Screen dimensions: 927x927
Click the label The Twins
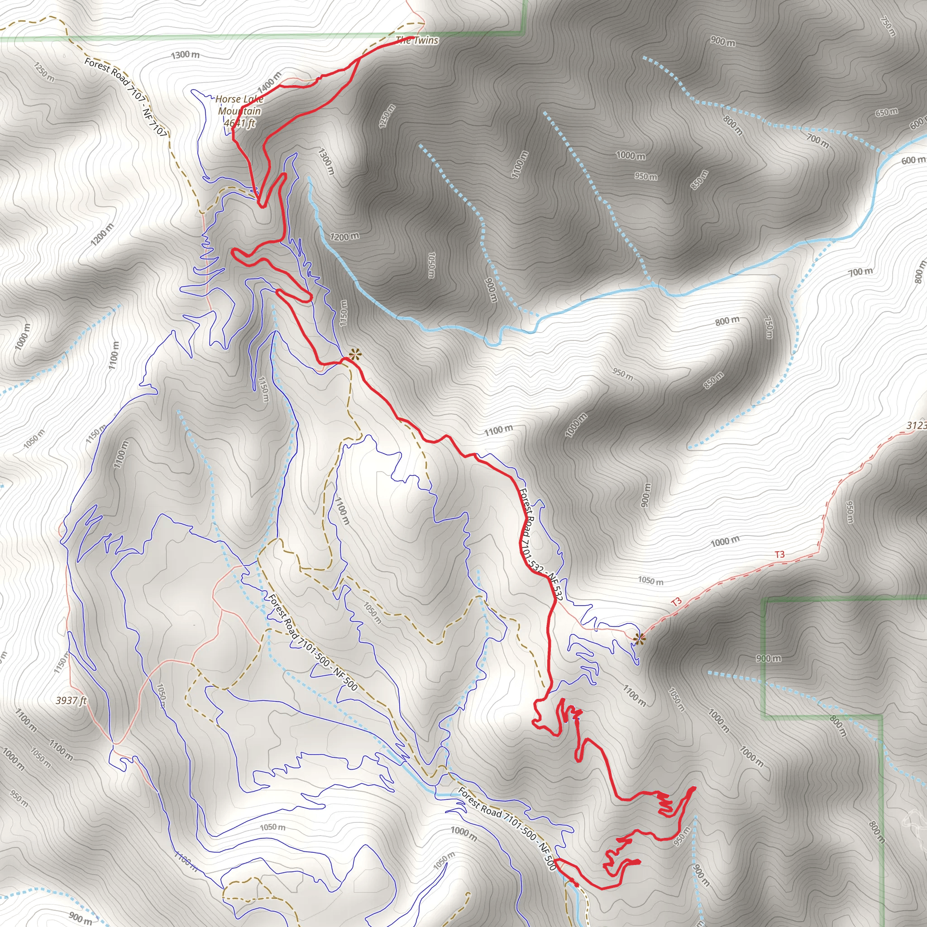pos(417,41)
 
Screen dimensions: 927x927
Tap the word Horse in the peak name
pos(227,99)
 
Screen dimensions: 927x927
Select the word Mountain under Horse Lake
pos(239,111)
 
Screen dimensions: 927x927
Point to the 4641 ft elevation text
pos(239,123)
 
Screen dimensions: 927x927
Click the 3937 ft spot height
pos(71,701)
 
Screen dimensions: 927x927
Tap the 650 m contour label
pos(886,112)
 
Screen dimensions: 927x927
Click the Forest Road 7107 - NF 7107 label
pos(126,96)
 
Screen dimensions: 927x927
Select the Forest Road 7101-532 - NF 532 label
pos(540,545)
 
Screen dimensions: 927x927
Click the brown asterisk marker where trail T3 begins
pos(639,639)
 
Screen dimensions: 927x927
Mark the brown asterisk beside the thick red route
pos(354,355)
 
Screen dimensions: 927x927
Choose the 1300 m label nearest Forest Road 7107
pos(185,55)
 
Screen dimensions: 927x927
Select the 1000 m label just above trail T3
pos(725,542)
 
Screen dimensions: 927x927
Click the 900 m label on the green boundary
pos(768,658)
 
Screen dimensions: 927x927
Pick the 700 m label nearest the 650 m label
pos(817,141)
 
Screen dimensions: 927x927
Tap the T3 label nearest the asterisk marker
pos(676,602)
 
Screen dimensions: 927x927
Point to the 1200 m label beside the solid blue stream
pos(344,237)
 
